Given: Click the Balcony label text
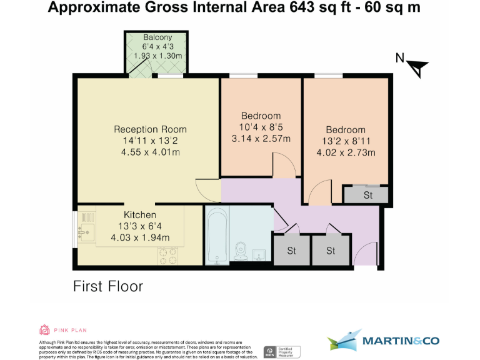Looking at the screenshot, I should (x=157, y=37).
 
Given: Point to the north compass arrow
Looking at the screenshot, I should (x=417, y=65).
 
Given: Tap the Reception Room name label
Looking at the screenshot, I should (x=150, y=129).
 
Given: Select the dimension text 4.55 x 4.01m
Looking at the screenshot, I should (x=150, y=152).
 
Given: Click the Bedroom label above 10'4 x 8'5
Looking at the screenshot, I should (x=261, y=116).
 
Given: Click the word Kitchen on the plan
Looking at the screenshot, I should (x=140, y=215).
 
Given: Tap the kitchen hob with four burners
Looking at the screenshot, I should (x=168, y=255).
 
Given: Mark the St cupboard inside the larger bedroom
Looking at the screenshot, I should (x=367, y=195).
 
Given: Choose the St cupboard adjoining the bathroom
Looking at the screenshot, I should (x=291, y=251).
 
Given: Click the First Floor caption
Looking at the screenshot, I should (x=108, y=286).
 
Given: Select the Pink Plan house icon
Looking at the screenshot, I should (x=44, y=329).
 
